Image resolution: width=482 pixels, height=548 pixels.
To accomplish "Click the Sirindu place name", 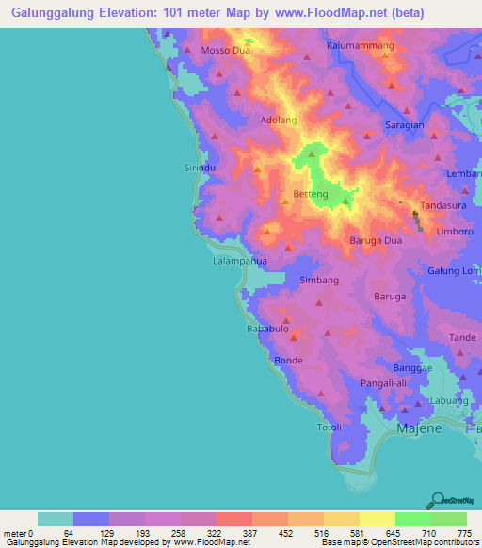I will coord(199,167).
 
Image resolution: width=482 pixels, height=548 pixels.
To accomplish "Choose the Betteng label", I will coord(311,195).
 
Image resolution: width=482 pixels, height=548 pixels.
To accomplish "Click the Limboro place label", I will coord(455,231).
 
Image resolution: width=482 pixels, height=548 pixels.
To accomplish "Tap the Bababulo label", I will coord(266,329).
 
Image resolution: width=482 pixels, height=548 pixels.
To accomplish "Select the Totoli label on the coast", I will coord(329,427).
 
